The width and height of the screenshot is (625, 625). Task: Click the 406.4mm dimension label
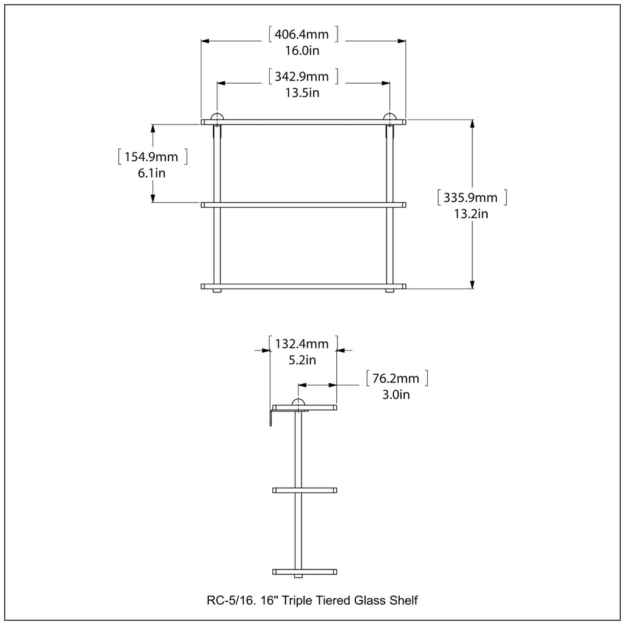click(302, 34)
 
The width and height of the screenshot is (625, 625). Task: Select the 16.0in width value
click(302, 51)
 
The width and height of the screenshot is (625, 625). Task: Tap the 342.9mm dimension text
click(302, 76)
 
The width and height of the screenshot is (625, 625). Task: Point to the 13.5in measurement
click(302, 93)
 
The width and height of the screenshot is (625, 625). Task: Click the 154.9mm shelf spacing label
click(151, 157)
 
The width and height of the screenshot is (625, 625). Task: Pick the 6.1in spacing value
click(151, 173)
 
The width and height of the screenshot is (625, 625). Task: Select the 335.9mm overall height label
click(471, 197)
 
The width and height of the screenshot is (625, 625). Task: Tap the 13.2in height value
click(471, 214)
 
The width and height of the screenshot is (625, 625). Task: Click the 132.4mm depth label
click(302, 344)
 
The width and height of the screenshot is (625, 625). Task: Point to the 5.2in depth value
click(302, 360)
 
